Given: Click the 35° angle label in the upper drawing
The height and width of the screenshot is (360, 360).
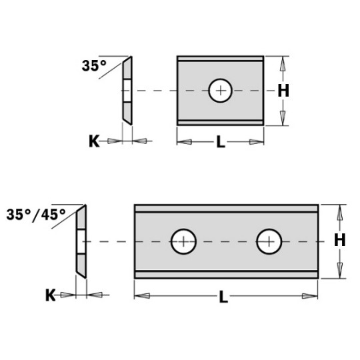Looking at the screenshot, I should click(x=94, y=66).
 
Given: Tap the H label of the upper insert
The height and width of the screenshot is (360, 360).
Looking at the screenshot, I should click(x=283, y=91).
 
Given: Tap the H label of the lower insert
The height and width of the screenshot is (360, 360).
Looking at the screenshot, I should click(x=339, y=241).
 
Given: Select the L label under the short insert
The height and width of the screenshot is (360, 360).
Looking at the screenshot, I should click(x=221, y=142).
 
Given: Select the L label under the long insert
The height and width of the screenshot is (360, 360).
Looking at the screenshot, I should click(x=223, y=297).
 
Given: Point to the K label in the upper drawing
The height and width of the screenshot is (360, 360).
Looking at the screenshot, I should click(x=95, y=141).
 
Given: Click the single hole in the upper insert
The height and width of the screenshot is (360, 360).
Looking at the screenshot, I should click(x=220, y=91).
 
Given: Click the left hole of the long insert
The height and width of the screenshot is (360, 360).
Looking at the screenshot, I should click(x=183, y=241).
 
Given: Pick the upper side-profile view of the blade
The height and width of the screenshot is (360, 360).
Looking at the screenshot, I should click(x=127, y=90).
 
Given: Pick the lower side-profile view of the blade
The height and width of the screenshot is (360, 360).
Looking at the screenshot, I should click(x=81, y=241).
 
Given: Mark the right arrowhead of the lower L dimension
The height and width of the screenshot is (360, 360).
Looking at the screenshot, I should click(x=309, y=295).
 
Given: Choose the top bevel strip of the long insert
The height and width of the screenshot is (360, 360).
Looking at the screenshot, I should click(x=226, y=209).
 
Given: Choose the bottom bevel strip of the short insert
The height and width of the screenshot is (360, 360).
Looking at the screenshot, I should click(x=220, y=121).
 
